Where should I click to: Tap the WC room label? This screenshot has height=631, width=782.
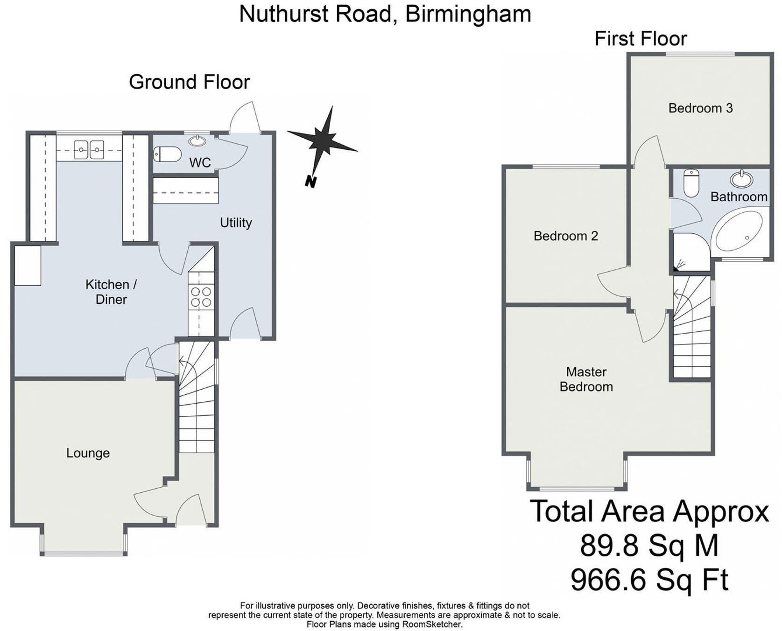coord(200,163)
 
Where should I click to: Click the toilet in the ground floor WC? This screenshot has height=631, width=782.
coord(167,154)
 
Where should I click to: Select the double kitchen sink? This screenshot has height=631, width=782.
coord(89,150)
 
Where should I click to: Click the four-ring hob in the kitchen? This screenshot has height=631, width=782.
coord(201,297)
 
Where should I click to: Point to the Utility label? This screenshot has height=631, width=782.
coord(236,223)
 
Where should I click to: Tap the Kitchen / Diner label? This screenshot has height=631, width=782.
coord(111,292)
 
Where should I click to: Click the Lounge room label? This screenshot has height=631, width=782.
coord(88,453)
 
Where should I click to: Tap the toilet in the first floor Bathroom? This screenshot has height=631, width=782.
coord(690,182)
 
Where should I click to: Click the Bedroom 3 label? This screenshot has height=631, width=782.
coord(700,108)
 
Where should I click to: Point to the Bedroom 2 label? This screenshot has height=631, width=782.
coord(565,236)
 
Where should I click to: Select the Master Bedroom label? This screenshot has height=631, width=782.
coord(586,379)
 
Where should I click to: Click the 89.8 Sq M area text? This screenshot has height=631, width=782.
coord(649,546)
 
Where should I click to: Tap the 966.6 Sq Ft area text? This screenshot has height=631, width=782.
coord(649,580)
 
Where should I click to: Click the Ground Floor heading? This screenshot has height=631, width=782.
coord(189,82)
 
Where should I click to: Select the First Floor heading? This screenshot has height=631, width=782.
coord(641,39)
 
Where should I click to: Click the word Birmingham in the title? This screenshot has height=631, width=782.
coord(468,14)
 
